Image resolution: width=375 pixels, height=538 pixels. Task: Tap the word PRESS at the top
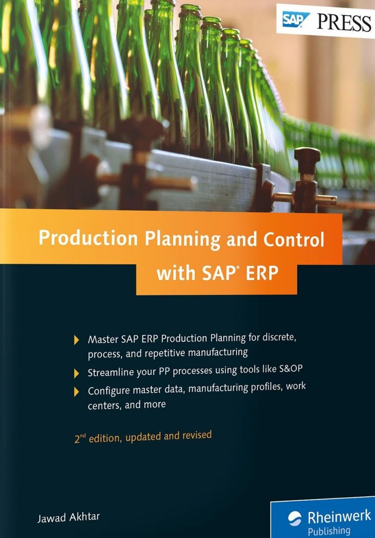pyautogui.click(x=344, y=22)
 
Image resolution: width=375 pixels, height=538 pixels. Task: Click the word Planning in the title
pyautogui.click(x=182, y=240)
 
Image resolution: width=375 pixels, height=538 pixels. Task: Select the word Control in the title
pyautogui.click(x=293, y=239)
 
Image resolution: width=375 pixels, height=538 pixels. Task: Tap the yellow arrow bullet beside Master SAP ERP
pyautogui.click(x=76, y=340)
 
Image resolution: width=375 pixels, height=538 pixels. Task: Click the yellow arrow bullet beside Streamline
pyautogui.click(x=76, y=373)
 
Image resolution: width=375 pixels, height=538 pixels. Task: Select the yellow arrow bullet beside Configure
pyautogui.click(x=76, y=392)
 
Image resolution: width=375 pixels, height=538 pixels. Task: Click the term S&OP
pyautogui.click(x=290, y=369)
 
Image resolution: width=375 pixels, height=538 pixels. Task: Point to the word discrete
pyautogui.click(x=279, y=337)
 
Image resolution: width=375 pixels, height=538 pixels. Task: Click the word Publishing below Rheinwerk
pyautogui.click(x=329, y=529)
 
